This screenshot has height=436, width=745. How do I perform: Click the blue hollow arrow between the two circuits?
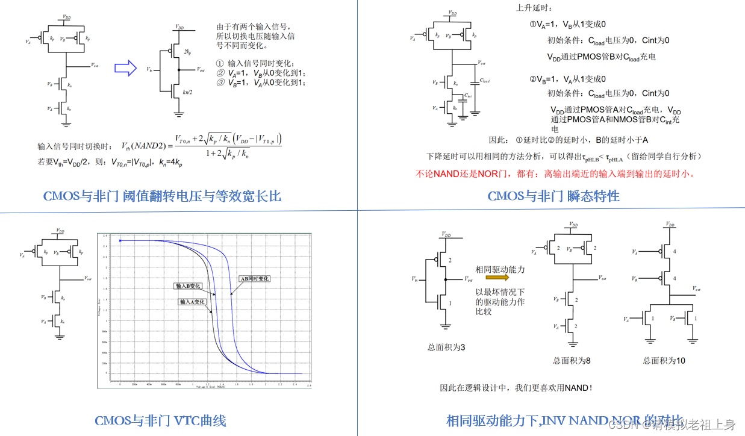click(126, 69)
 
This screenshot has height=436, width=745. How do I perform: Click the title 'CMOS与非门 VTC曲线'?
click(160, 420)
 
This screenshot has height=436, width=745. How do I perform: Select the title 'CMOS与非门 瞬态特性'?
click(553, 196)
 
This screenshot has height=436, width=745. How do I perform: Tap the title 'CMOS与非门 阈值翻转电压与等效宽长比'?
click(162, 196)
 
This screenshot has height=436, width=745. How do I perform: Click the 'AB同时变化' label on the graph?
click(255, 279)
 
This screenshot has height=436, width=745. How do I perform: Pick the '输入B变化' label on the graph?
click(187, 285)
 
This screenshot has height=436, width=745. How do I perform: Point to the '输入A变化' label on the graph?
click(192, 301)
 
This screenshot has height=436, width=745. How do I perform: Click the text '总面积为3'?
click(446, 347)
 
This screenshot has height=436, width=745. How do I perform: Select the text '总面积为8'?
click(572, 360)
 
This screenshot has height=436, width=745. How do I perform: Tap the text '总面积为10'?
click(664, 360)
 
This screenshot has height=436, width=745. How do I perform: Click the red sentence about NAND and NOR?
click(556, 174)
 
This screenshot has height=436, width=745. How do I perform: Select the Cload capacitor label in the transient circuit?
click(484, 80)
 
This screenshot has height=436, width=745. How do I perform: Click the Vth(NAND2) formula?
click(202, 146)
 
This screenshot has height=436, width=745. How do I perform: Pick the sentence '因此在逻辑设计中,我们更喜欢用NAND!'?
click(516, 388)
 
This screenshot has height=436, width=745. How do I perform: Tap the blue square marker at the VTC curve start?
click(120, 241)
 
